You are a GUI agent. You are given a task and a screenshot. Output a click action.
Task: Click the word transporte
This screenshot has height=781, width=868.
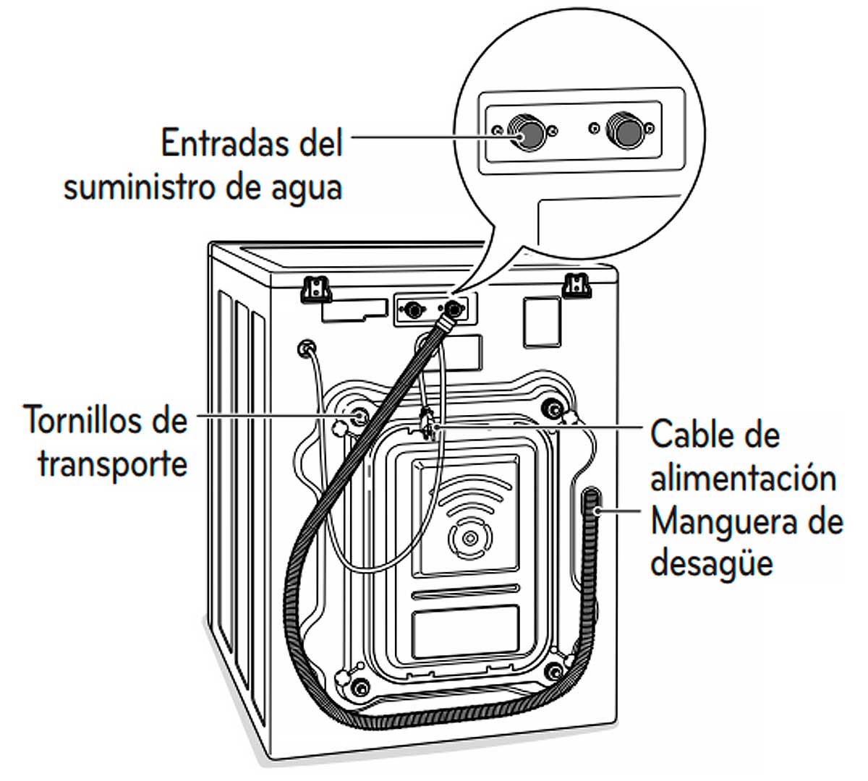coord(112,464)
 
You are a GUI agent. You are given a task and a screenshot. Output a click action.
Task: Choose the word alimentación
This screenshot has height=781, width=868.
coord(743,479)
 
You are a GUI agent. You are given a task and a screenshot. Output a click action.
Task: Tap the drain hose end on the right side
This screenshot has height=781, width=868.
coord(595,502)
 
